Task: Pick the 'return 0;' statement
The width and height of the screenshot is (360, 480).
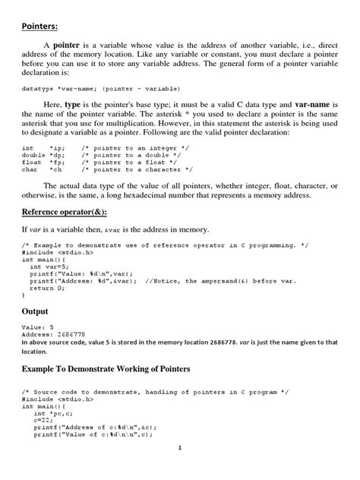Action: pos(46,289)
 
